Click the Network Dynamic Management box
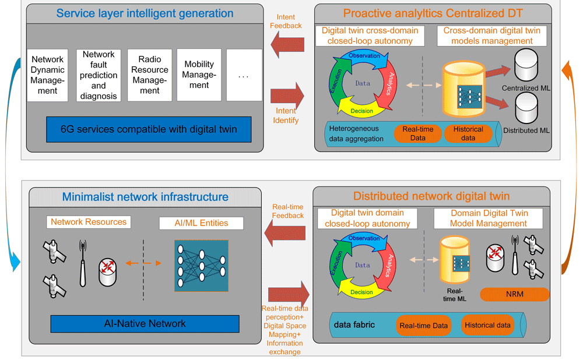click(48, 75)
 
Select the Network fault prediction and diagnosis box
click(99, 75)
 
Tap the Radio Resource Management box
click(149, 75)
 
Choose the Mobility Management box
click(199, 75)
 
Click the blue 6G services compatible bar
click(149, 129)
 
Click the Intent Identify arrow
click(287, 93)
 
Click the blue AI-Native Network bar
click(145, 324)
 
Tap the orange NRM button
click(515, 294)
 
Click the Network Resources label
click(88, 222)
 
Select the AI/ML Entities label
click(202, 223)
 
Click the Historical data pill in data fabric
click(487, 325)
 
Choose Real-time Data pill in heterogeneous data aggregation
click(418, 133)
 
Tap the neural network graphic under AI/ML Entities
click(201, 264)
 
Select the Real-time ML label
click(455, 295)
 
